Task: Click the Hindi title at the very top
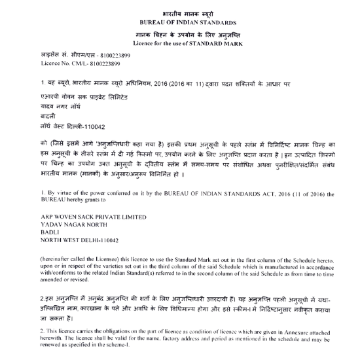[x=179, y=13]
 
